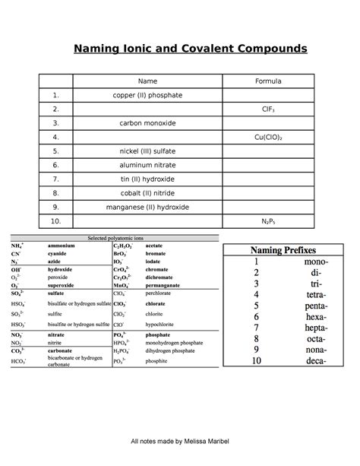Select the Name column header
[147, 81]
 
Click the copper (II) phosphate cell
[147, 96]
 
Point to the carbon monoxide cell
[147, 123]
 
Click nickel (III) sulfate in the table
[147, 151]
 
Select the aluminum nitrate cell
[147, 165]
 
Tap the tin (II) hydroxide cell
[147, 179]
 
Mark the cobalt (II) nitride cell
[147, 193]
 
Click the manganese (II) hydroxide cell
[147, 207]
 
